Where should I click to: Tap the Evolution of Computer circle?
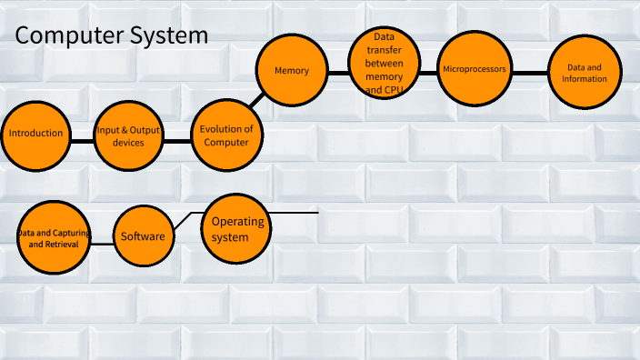coord(226,135)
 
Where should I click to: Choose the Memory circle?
coord(292,71)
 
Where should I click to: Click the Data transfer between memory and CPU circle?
coord(384,64)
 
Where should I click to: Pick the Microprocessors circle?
coord(474,70)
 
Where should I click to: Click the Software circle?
coord(143,237)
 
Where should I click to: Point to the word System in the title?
coord(174,36)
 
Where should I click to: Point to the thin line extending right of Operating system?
coord(295,213)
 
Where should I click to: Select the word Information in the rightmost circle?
coord(585,79)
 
